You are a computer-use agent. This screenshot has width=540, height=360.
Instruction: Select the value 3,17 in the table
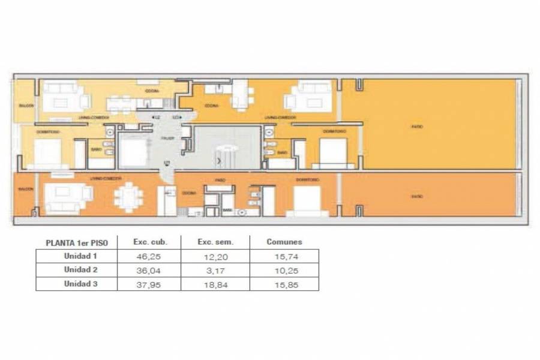coord(215,271)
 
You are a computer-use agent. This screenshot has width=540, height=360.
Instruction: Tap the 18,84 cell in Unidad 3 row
coord(215,284)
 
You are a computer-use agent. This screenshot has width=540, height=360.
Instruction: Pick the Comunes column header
coord(284,242)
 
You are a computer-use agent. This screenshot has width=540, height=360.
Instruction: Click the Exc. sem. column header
coord(215,242)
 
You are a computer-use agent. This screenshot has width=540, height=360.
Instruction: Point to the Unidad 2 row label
coord(80,271)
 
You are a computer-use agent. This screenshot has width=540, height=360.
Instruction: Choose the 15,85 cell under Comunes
coord(284,284)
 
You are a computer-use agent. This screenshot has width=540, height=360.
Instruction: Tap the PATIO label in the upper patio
coord(416,127)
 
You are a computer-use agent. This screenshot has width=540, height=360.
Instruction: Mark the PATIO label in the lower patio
coord(416,196)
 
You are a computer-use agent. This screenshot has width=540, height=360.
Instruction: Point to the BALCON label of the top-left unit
coord(26,106)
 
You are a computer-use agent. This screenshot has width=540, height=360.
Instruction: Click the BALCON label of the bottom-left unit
coord(25,188)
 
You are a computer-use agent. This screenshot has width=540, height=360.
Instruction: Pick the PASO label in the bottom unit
coord(220,179)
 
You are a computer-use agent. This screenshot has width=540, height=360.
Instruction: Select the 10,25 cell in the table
coord(284,271)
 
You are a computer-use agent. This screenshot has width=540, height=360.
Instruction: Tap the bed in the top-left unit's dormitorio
coord(47,153)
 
